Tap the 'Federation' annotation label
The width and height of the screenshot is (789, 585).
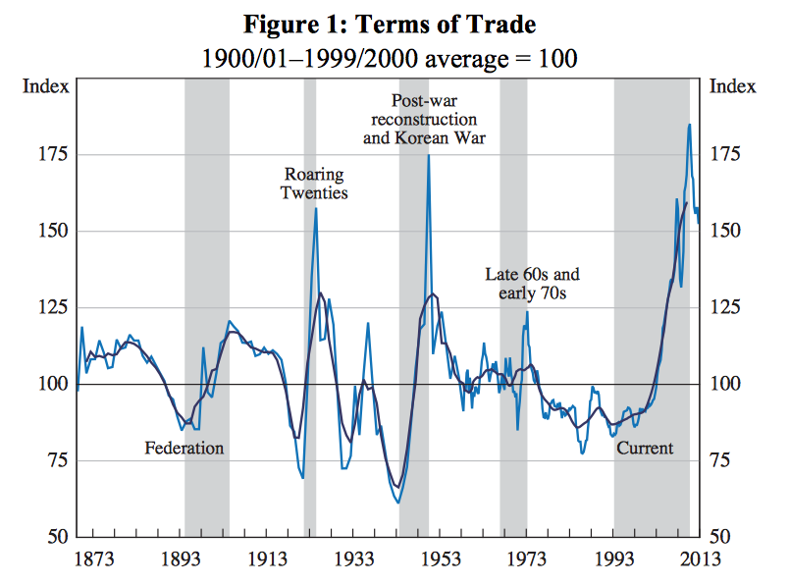(x=184, y=449)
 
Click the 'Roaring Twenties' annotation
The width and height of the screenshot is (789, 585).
(x=314, y=184)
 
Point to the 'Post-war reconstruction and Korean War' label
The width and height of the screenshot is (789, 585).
(x=425, y=119)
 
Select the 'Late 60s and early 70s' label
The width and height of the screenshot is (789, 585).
(x=533, y=283)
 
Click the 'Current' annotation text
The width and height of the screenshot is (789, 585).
(x=645, y=449)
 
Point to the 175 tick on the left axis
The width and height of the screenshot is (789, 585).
(x=54, y=154)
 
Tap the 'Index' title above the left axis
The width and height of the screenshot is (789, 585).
(x=45, y=86)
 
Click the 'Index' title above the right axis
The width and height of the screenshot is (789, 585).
(x=733, y=86)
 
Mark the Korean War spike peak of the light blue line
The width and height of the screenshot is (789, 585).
(x=428, y=155)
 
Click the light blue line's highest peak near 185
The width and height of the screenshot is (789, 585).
(x=689, y=125)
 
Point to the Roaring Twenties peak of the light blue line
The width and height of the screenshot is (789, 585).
(x=315, y=208)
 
